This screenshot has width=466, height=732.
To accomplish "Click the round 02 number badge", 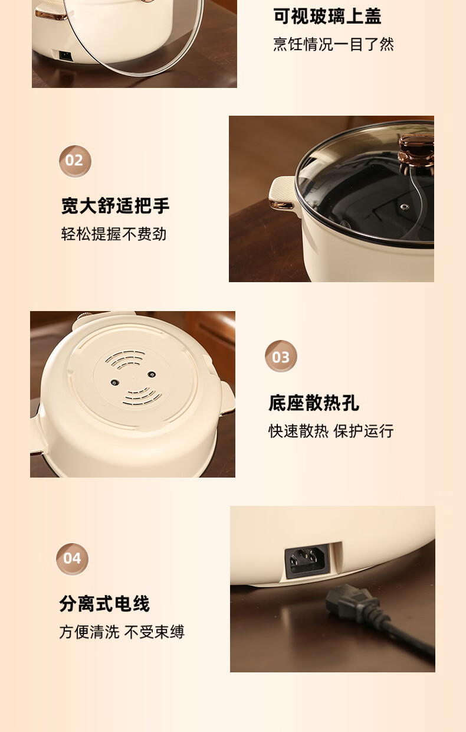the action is [75, 161].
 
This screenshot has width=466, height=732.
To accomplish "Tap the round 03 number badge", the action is [281, 356].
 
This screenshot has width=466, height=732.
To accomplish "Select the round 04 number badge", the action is [72, 559].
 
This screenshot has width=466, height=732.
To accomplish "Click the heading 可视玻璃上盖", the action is [327, 17].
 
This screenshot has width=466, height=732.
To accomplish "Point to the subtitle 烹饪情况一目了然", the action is [333, 44].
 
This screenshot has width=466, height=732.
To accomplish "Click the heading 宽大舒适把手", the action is [115, 205].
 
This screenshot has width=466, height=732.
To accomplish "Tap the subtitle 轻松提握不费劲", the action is [114, 234].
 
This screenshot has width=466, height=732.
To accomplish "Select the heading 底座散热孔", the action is [313, 403].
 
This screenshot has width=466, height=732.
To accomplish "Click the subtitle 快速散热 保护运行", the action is [331, 431].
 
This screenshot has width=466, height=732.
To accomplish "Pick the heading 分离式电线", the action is [104, 603].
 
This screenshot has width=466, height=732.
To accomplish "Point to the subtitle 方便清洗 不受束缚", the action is [122, 632].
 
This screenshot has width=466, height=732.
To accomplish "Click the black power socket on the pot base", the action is [307, 561].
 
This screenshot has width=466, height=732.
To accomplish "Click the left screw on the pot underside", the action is [114, 383].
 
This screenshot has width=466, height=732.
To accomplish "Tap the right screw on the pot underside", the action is [151, 374].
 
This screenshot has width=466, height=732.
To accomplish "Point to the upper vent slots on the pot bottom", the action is [126, 359].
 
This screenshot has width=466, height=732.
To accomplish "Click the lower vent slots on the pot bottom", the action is [142, 397].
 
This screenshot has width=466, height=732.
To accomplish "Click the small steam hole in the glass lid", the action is [405, 207].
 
